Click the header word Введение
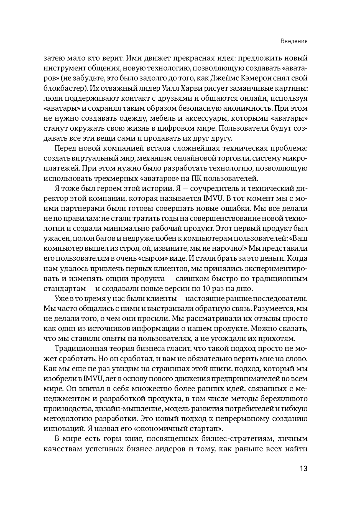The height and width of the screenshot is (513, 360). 294,41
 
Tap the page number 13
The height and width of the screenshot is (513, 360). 303,469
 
